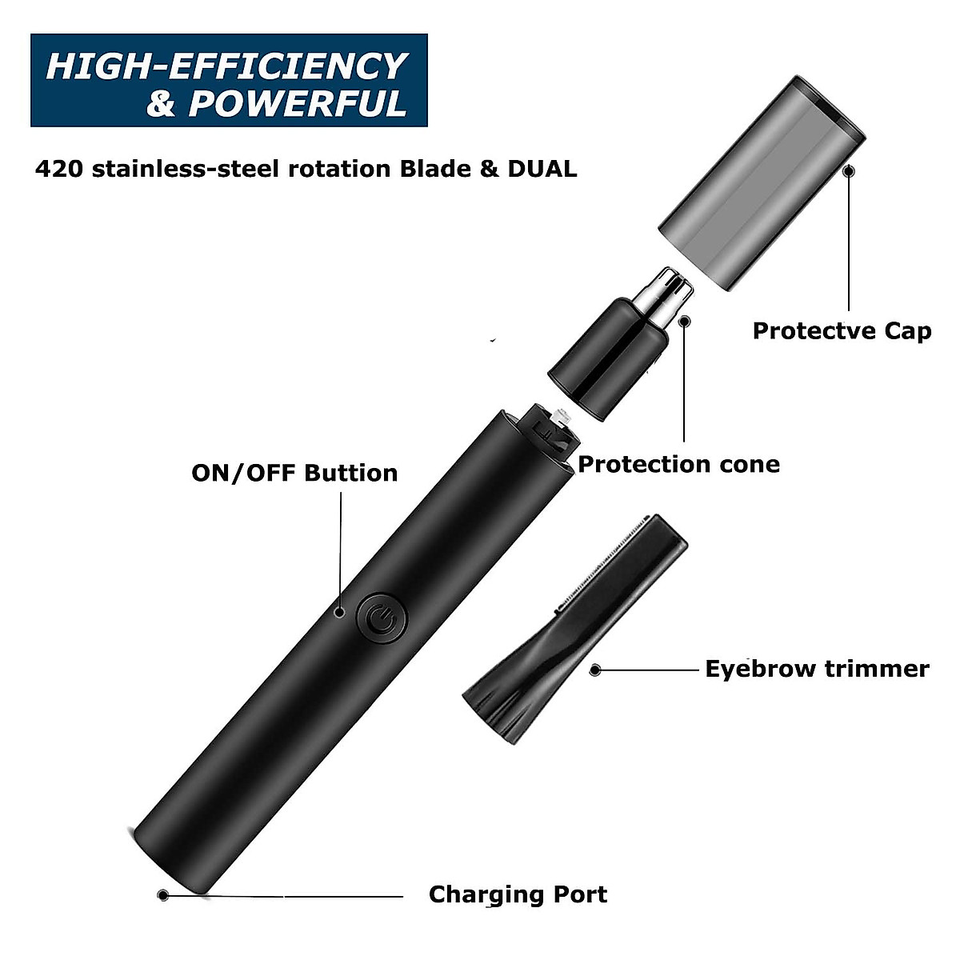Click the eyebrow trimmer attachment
click(574, 632)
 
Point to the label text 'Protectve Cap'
click(842, 330)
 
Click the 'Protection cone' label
click(678, 464)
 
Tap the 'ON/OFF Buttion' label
click(294, 473)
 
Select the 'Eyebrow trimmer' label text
click(817, 669)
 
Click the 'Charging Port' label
click(518, 872)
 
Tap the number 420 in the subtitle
click(59, 170)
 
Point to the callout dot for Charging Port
click(163, 873)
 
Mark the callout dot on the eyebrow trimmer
click(594, 670)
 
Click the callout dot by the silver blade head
click(684, 322)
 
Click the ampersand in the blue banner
click(160, 104)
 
